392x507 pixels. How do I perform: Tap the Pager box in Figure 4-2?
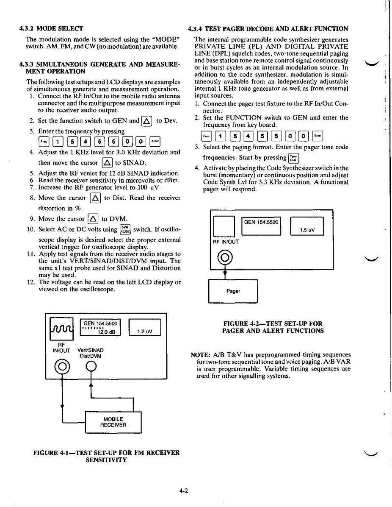pyautogui.click(x=233, y=291)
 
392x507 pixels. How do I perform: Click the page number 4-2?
pyautogui.click(x=183, y=491)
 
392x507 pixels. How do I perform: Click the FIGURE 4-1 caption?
pyautogui.click(x=106, y=456)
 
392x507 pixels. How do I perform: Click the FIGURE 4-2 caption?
pyautogui.click(x=273, y=327)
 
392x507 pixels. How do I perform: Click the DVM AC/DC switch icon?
pyautogui.click(x=125, y=229)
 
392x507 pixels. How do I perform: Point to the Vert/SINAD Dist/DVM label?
pyautogui.click(x=91, y=353)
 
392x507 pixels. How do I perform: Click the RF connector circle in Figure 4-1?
pyautogui.click(x=62, y=366)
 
